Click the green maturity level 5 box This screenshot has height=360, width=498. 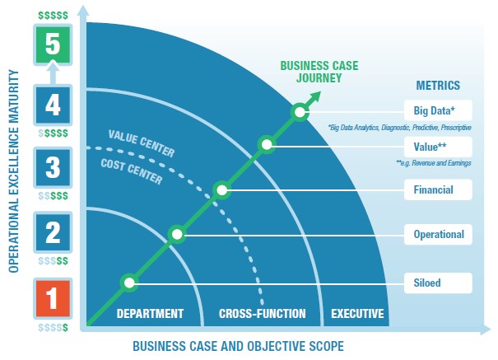[53, 44]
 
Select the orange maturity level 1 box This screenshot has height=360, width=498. [53, 298]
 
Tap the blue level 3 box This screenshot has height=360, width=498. [53, 167]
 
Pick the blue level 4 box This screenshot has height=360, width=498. [53, 105]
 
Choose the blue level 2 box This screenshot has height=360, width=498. [53, 232]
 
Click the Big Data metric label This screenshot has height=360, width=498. [438, 110]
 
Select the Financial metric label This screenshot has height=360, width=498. [438, 189]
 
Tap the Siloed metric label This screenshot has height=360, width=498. [438, 283]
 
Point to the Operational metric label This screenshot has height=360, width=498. [438, 235]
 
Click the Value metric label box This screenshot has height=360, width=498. [438, 147]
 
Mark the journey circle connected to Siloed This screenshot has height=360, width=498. [129, 283]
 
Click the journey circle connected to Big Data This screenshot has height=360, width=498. [300, 112]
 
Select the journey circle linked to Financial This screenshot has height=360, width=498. [221, 190]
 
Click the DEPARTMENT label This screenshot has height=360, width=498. [150, 314]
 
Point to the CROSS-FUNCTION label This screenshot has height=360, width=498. [263, 314]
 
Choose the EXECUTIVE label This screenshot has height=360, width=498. [357, 314]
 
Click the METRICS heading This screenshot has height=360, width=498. [438, 85]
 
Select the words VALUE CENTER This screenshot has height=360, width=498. [142, 143]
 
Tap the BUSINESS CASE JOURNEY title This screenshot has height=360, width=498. [319, 72]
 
